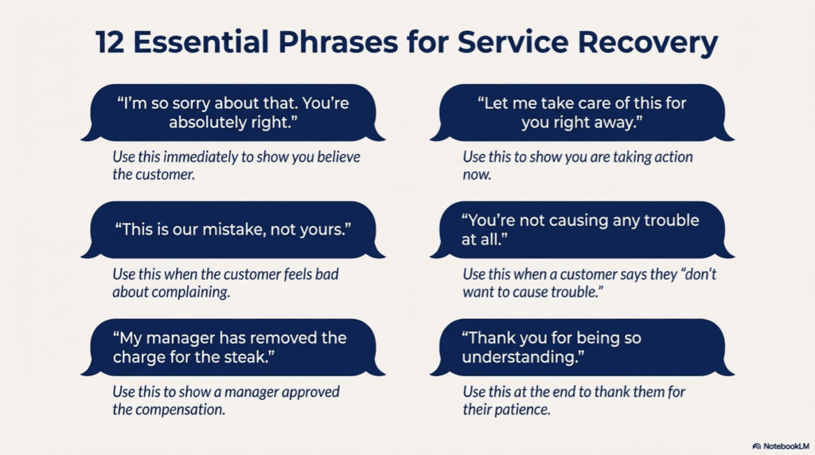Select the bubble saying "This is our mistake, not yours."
(x=233, y=229)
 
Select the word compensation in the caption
(x=183, y=410)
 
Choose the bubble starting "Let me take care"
(x=581, y=114)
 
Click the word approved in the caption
(x=312, y=392)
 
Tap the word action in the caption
(x=673, y=157)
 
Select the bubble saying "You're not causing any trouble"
(x=581, y=229)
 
